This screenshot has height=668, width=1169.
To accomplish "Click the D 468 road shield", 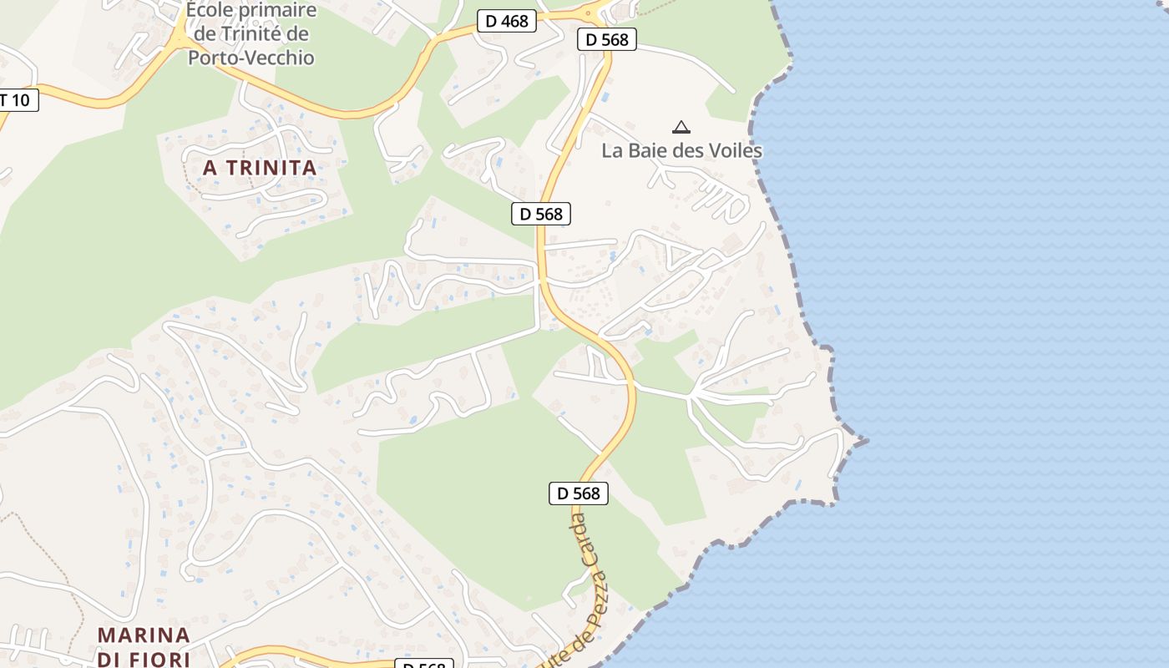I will pyautogui.click(x=507, y=21).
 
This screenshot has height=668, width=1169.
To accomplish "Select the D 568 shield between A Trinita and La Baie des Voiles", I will pyautogui.click(x=541, y=214).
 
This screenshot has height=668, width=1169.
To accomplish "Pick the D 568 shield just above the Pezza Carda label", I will pyautogui.click(x=579, y=493).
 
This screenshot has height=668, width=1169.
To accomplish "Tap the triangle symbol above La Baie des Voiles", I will pyautogui.click(x=681, y=128).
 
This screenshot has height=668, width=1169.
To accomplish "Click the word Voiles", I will pyautogui.click(x=735, y=151).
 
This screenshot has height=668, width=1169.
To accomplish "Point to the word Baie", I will pyautogui.click(x=646, y=151).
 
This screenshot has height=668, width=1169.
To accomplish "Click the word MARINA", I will pyautogui.click(x=144, y=635).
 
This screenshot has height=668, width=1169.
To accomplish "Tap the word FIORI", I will pyautogui.click(x=162, y=659).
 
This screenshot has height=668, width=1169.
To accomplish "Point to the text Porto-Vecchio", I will pyautogui.click(x=250, y=58).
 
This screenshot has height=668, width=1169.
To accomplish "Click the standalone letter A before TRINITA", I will pyautogui.click(x=210, y=168).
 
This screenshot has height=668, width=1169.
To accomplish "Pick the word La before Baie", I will pyautogui.click(x=613, y=151).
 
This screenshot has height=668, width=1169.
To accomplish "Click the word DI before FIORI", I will pyautogui.click(x=110, y=659).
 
